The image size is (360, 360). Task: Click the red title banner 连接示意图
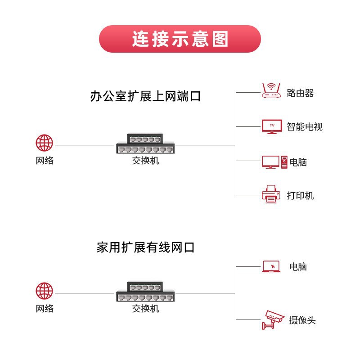pyautogui.click(x=180, y=39)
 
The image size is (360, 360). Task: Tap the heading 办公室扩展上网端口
pyautogui.click(x=145, y=96)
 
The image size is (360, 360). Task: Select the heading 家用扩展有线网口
pyautogui.click(x=145, y=247)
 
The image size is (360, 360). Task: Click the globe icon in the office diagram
pyautogui.click(x=44, y=143)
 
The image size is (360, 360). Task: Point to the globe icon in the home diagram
pyautogui.click(x=44, y=291)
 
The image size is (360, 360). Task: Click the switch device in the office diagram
pyautogui.click(x=145, y=144)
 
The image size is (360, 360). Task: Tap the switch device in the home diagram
pyautogui.click(x=145, y=292)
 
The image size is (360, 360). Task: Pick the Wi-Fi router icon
pyautogui.click(x=271, y=90)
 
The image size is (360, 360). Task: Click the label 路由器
pyautogui.click(x=300, y=93)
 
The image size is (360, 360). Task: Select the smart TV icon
pyautogui.click(x=272, y=126)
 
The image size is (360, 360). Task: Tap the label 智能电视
pyautogui.click(x=305, y=126)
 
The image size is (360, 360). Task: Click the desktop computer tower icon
pyautogui.click(x=284, y=162)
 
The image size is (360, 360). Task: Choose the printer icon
pyautogui.click(x=271, y=194)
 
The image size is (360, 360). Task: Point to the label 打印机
pyautogui.click(x=300, y=196)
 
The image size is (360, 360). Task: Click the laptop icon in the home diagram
pyautogui.click(x=271, y=266)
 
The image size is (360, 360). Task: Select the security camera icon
pyautogui.click(x=273, y=320)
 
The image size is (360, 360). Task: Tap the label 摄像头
pyautogui.click(x=302, y=320)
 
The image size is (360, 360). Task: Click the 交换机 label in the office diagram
pyautogui.click(x=145, y=161)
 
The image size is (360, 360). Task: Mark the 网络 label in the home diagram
pyautogui.click(x=45, y=309)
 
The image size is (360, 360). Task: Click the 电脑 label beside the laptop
pyautogui.click(x=298, y=266)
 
